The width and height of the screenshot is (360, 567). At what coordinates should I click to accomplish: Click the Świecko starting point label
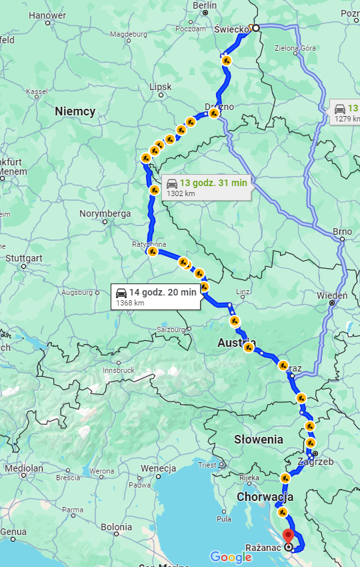click(x=231, y=29)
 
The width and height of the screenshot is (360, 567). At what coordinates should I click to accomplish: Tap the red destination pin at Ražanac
click(x=288, y=536)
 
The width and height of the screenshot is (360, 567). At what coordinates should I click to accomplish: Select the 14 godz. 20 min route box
click(x=156, y=296)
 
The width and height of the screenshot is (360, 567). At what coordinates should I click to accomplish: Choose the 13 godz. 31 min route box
click(x=206, y=187)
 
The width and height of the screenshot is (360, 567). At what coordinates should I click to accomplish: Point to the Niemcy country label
click(x=75, y=111)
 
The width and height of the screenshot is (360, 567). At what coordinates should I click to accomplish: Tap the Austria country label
click(x=237, y=343)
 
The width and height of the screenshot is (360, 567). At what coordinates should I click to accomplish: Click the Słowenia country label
click(x=259, y=440)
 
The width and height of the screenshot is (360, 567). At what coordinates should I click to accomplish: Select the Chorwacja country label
click(x=265, y=497)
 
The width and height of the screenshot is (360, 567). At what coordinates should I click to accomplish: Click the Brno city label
click(x=342, y=232)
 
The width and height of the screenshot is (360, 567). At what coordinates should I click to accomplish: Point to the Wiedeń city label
click(x=333, y=295)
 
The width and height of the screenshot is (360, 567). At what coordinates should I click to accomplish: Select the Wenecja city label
click(x=158, y=468)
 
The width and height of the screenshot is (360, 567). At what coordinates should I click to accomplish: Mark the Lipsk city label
click(x=161, y=87)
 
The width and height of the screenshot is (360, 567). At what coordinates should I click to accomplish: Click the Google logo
click(x=231, y=557)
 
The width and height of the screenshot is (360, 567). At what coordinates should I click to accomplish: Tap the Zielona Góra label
click(x=295, y=48)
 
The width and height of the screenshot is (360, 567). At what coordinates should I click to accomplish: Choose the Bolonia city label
click(x=116, y=528)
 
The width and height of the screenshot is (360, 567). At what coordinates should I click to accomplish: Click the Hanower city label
click(x=47, y=15)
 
